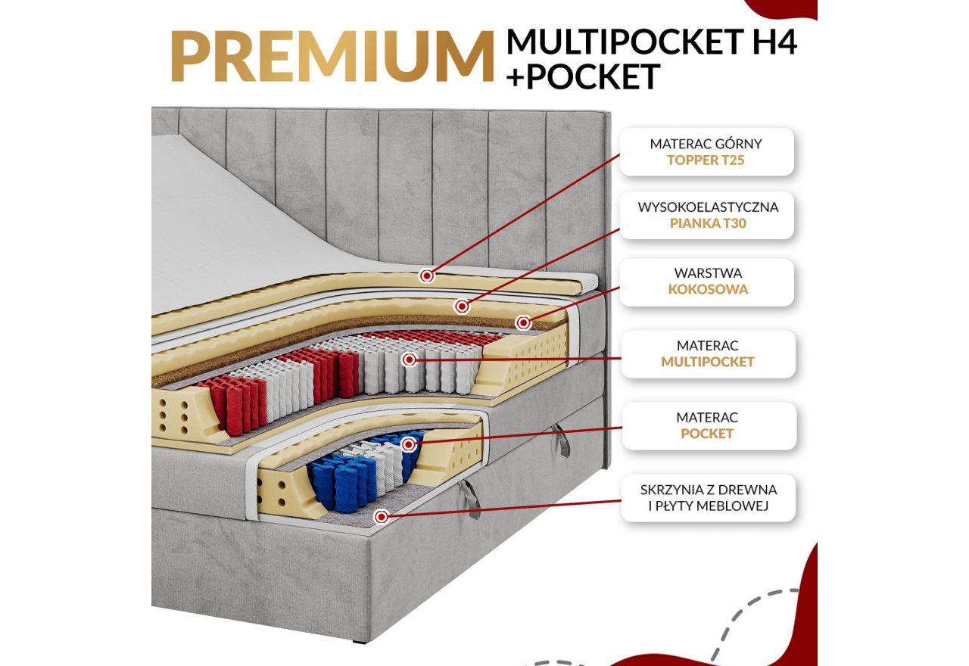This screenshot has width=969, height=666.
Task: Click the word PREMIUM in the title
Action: (332, 56)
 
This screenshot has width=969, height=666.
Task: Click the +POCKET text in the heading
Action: (583, 76)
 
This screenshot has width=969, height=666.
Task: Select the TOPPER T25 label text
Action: (706, 160)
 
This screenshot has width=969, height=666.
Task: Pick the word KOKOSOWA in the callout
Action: (708, 289)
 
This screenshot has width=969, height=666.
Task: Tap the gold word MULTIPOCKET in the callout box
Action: (708, 362)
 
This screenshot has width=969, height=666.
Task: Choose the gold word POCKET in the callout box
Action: (707, 434)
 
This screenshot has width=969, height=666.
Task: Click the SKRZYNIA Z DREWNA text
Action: (708, 490)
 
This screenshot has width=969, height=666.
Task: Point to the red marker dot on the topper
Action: (428, 275)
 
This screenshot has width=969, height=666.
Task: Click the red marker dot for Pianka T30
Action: (462, 306)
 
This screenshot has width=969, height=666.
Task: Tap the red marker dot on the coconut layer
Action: (522, 322)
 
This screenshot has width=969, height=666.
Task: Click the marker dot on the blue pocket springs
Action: (409, 444)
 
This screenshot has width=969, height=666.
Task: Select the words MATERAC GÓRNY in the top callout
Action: (706, 143)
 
